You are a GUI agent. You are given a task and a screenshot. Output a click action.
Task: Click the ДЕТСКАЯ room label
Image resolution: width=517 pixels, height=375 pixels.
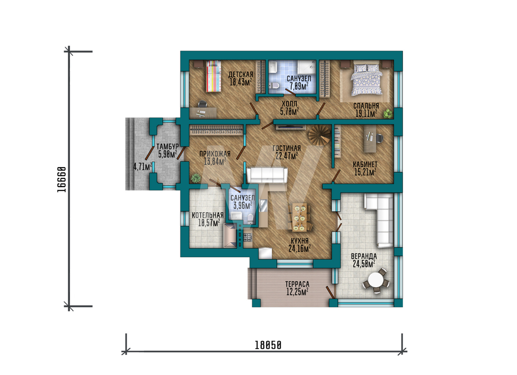pyautogui.click(x=240, y=74)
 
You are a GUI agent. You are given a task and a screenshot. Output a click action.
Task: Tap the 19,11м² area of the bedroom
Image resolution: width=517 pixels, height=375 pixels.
pyautogui.click(x=366, y=114)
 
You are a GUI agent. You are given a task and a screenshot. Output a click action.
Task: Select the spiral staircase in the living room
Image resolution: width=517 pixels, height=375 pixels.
pyautogui.click(x=318, y=136)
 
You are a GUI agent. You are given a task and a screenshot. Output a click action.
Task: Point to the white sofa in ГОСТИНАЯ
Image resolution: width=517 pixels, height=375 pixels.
pyautogui.click(x=267, y=175)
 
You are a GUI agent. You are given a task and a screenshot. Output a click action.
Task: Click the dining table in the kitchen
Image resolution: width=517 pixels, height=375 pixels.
pyautogui.click(x=300, y=217)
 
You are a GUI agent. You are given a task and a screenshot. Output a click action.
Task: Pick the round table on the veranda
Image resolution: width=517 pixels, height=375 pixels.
pyautogui.click(x=375, y=281)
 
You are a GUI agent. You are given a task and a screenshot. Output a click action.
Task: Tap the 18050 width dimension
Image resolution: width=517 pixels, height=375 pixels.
pyautogui.click(x=268, y=346)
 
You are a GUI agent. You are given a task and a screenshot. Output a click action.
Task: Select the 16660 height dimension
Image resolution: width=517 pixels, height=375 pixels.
pyautogui.click(x=62, y=179)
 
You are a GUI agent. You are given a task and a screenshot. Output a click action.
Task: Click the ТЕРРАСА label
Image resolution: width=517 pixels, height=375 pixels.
pyautogui.click(x=297, y=284)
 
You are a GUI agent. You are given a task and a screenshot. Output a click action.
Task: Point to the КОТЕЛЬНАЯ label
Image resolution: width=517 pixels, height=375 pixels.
pyautogui.click(x=207, y=215)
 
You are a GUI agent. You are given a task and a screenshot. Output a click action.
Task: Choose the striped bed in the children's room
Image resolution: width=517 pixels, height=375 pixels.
pyautogui.click(x=213, y=77)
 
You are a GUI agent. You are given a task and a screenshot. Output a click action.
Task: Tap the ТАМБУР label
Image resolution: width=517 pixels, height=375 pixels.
pyautogui.click(x=167, y=146)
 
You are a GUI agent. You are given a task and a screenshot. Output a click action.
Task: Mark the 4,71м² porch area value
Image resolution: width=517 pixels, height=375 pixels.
pyautogui.click(x=143, y=166)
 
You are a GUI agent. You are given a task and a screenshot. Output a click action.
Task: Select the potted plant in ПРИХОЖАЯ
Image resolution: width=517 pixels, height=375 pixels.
pyautogui.click(x=196, y=178)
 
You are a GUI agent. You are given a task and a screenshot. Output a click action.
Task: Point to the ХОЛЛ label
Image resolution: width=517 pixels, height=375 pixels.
pyautogui.click(x=289, y=103)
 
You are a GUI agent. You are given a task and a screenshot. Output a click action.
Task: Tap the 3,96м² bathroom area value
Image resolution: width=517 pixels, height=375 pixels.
pyautogui.click(x=242, y=205)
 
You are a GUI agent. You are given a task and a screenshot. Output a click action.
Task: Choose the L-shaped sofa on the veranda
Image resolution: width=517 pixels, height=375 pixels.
pyautogui.click(x=379, y=219)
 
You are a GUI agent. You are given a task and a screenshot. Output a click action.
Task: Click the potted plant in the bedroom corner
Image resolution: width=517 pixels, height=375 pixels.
pyautogui.click(x=388, y=113)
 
